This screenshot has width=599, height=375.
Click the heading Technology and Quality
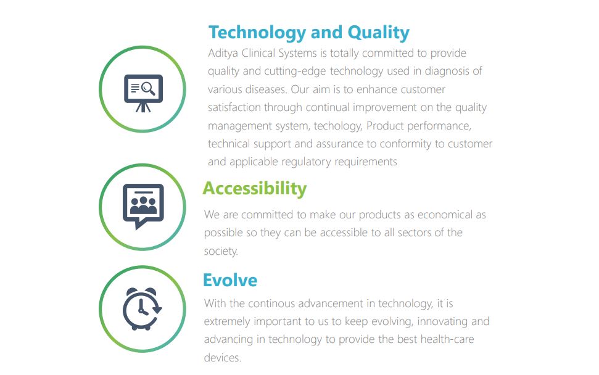308,33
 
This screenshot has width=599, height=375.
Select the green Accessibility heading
254,189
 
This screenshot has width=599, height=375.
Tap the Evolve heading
230,280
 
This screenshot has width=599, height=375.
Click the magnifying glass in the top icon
149,89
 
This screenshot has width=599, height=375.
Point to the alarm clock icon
142,308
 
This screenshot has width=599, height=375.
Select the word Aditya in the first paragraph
223,53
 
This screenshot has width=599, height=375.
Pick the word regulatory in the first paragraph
306,162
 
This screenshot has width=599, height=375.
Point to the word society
221,251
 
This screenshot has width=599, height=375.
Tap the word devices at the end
223,358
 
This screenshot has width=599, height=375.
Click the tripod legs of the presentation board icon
143,107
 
